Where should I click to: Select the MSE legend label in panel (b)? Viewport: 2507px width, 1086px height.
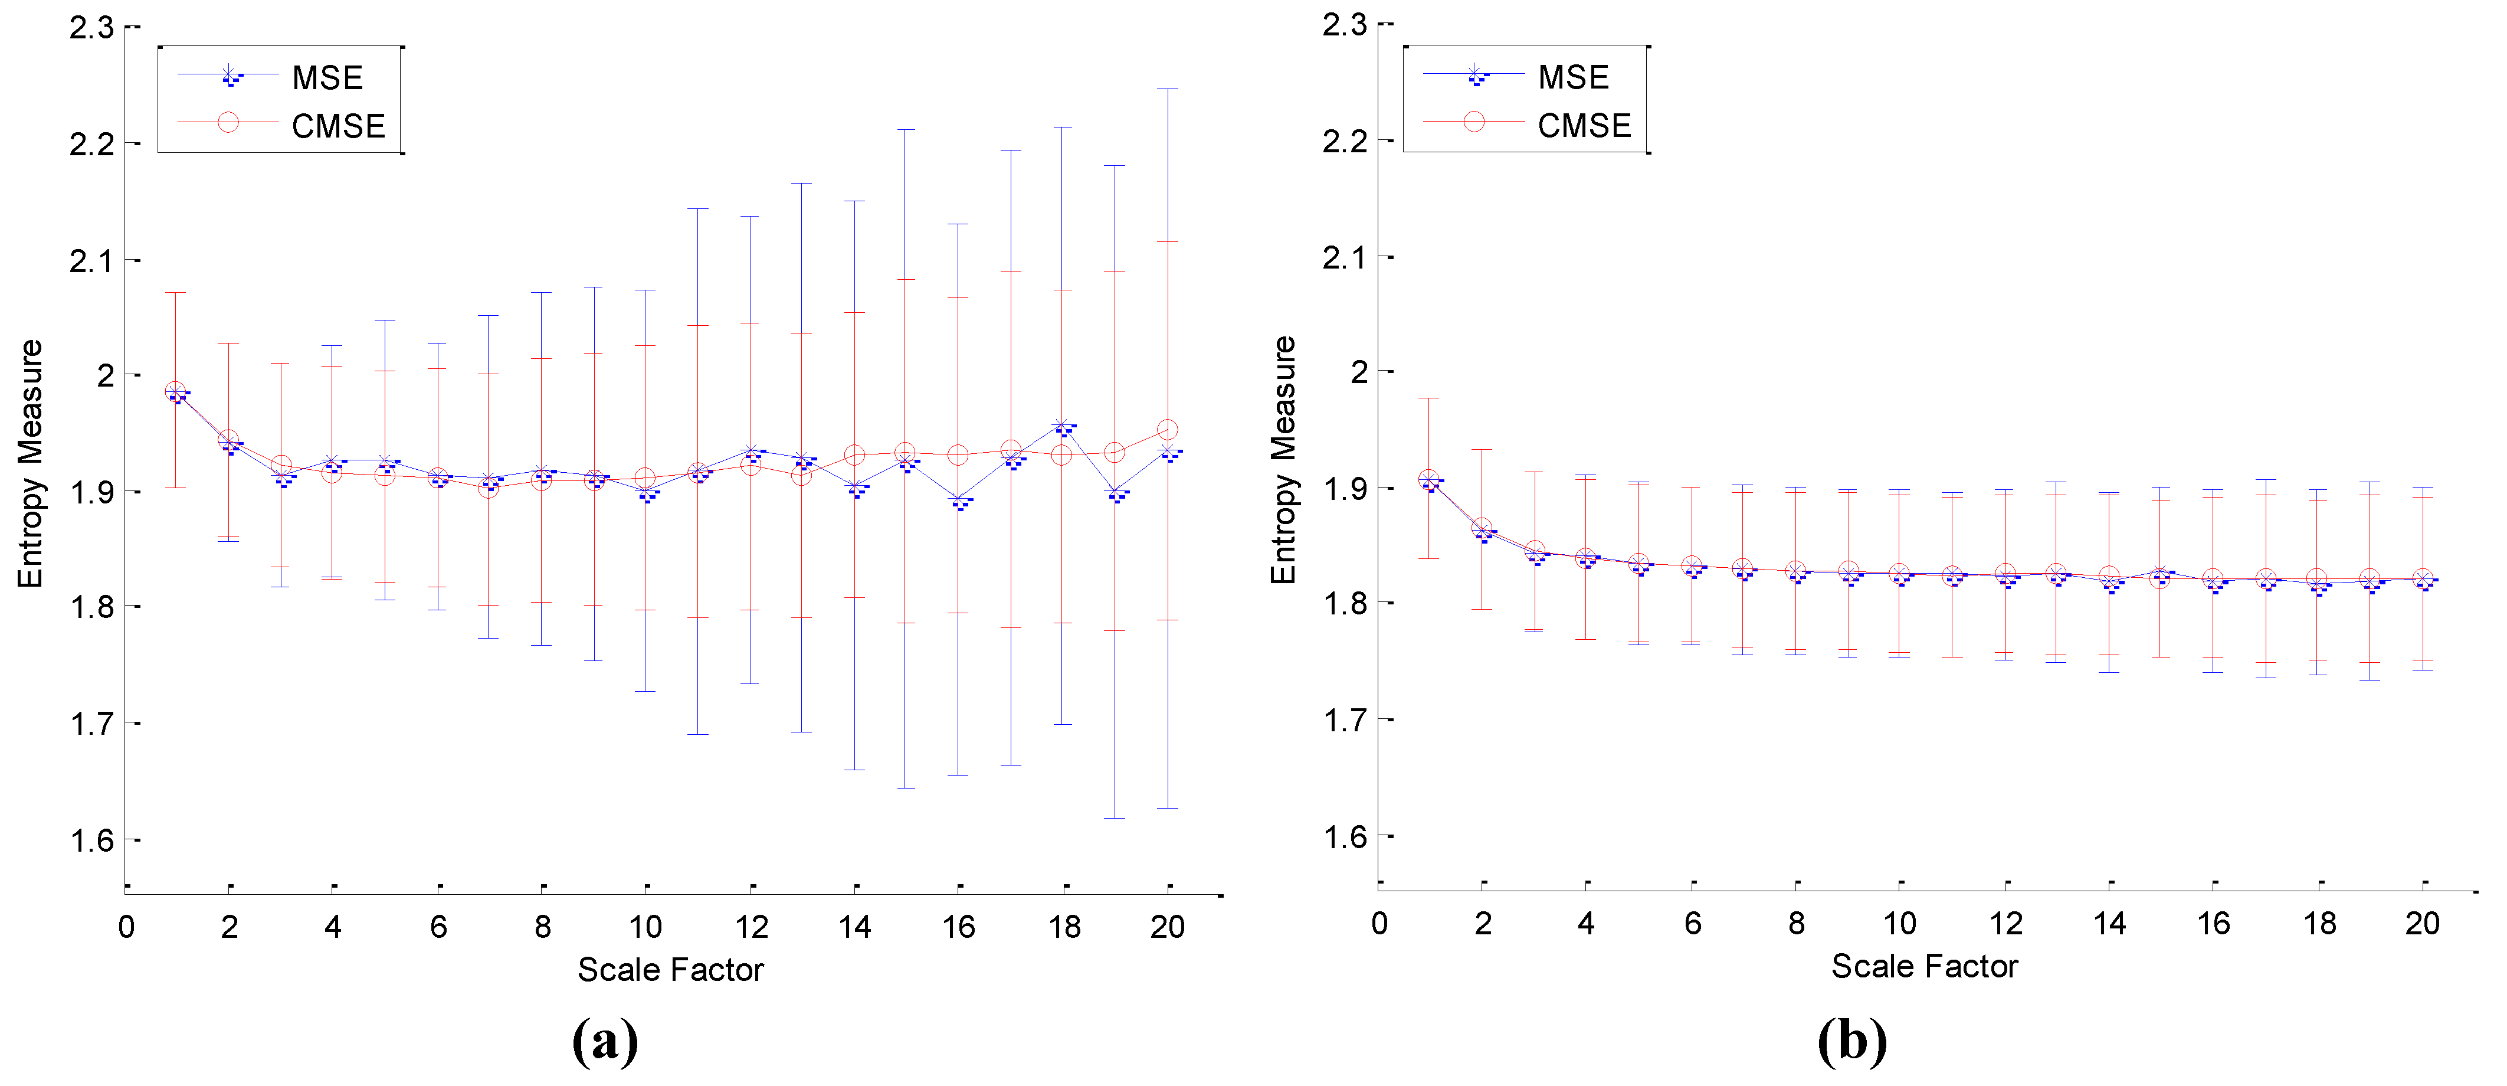[x=1573, y=77]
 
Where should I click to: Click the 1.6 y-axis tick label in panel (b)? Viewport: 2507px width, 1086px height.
[x=1345, y=837]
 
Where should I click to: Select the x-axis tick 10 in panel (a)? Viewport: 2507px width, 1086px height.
[x=645, y=927]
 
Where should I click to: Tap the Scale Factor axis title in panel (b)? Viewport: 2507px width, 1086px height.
[x=1924, y=966]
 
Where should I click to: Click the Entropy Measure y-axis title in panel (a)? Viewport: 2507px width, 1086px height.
[x=30, y=463]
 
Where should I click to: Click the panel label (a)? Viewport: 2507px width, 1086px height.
[x=605, y=1041]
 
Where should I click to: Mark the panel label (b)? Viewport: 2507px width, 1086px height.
[x=1852, y=1041]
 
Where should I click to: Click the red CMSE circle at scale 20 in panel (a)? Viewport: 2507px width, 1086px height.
[x=1168, y=430]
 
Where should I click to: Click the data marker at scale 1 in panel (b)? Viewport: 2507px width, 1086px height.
[x=1428, y=480]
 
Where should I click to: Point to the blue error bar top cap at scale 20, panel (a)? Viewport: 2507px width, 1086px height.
[x=1168, y=90]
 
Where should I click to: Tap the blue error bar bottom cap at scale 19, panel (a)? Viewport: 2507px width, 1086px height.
[x=1115, y=817]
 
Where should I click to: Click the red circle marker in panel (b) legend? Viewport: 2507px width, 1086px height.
[x=1474, y=122]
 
